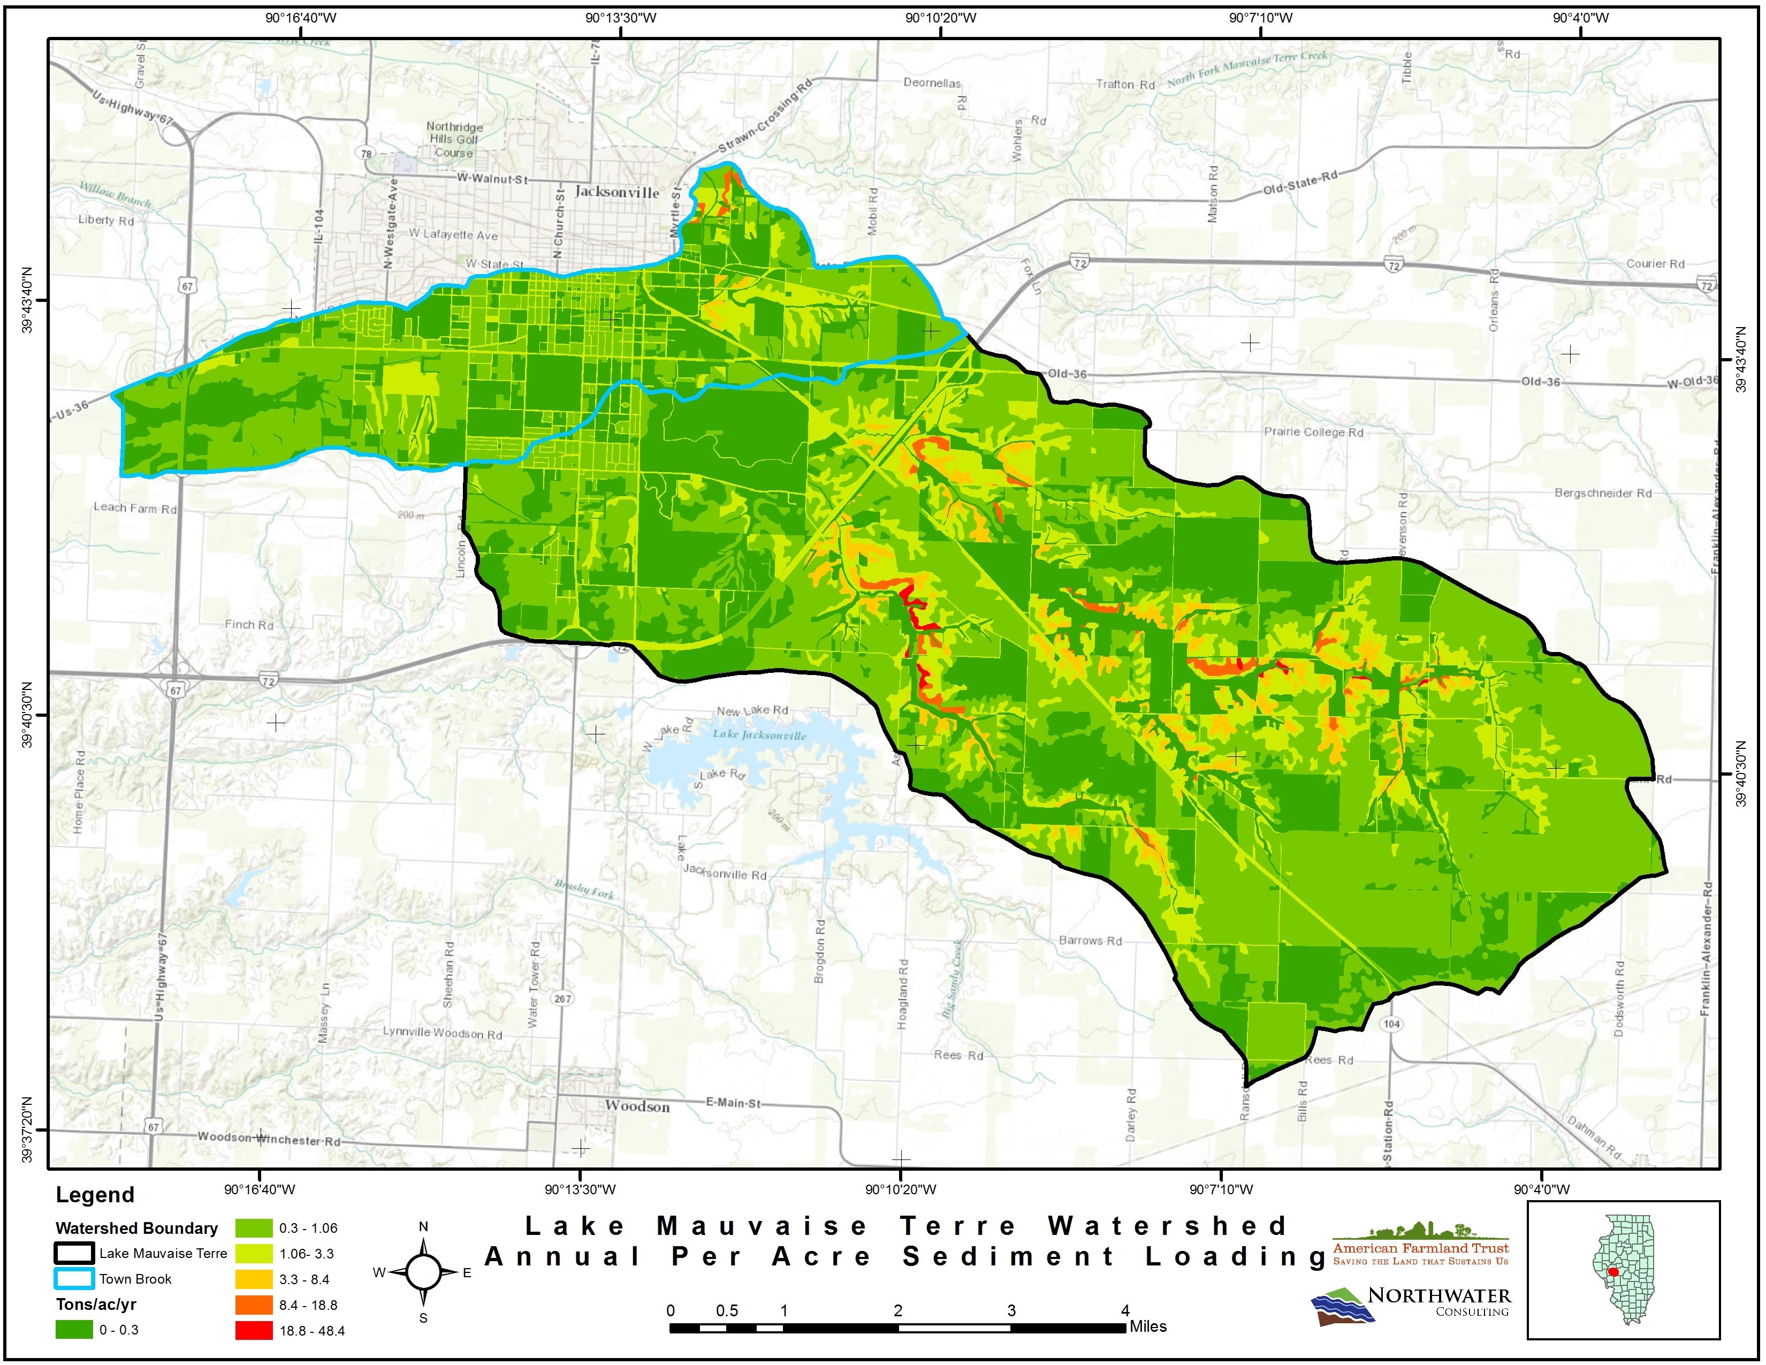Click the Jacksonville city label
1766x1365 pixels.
click(617, 193)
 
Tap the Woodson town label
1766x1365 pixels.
click(637, 1106)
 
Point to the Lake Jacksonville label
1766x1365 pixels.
click(759, 735)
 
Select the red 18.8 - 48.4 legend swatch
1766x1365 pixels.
click(254, 1330)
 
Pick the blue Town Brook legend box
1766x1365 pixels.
click(74, 1278)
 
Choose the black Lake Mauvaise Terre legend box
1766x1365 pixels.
click(74, 1254)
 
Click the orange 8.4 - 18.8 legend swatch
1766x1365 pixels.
click(254, 1305)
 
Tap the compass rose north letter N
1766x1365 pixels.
click(423, 1227)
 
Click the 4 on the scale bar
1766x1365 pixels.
click(1125, 1311)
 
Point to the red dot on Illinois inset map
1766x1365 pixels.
click(1613, 1294)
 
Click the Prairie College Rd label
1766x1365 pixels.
click(1313, 432)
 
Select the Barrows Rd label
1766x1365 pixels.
click(1090, 941)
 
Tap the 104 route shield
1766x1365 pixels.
click(1391, 1023)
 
